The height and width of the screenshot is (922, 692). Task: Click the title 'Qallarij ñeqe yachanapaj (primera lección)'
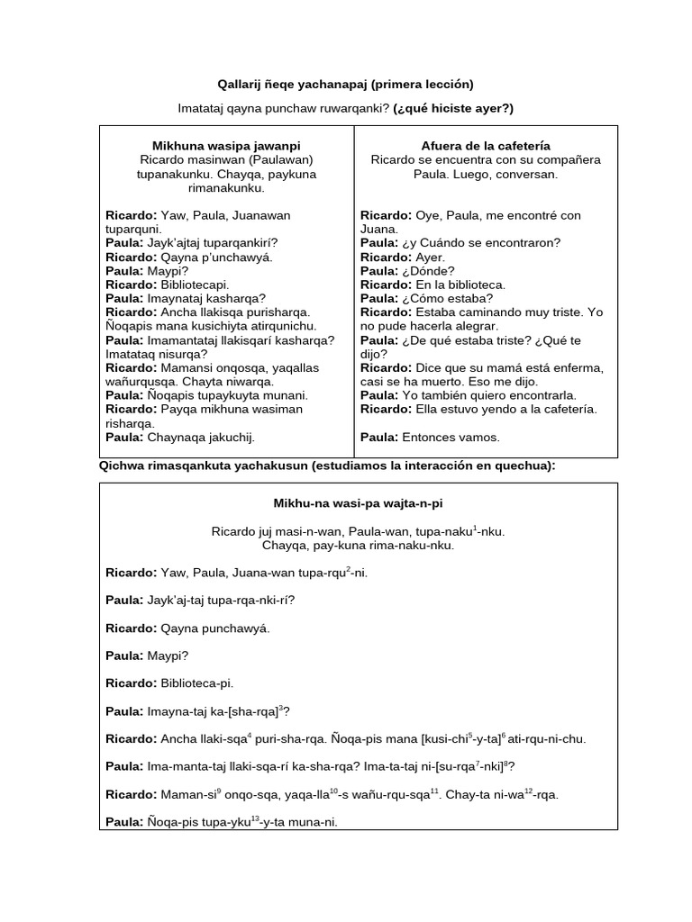pyautogui.click(x=345, y=85)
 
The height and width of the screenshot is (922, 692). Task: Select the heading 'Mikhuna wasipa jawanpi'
pyautogui.click(x=226, y=145)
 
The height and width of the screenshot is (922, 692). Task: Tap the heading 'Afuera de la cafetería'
pyautogui.click(x=486, y=145)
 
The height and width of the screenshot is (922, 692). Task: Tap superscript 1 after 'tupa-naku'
pyautogui.click(x=475, y=527)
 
